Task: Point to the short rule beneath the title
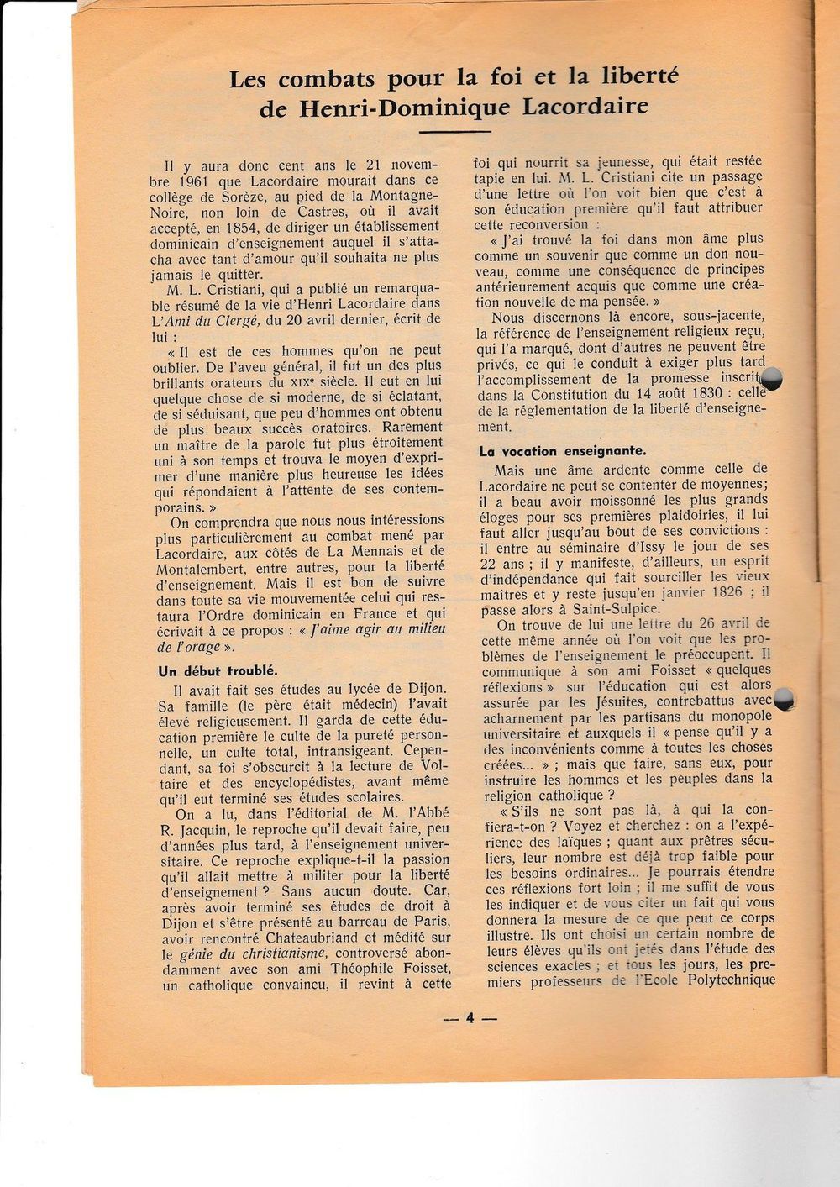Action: click(453, 132)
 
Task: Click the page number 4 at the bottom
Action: click(470, 1017)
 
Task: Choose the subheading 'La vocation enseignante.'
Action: click(563, 451)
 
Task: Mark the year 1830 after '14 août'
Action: click(685, 395)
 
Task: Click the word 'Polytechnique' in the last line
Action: click(728, 980)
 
